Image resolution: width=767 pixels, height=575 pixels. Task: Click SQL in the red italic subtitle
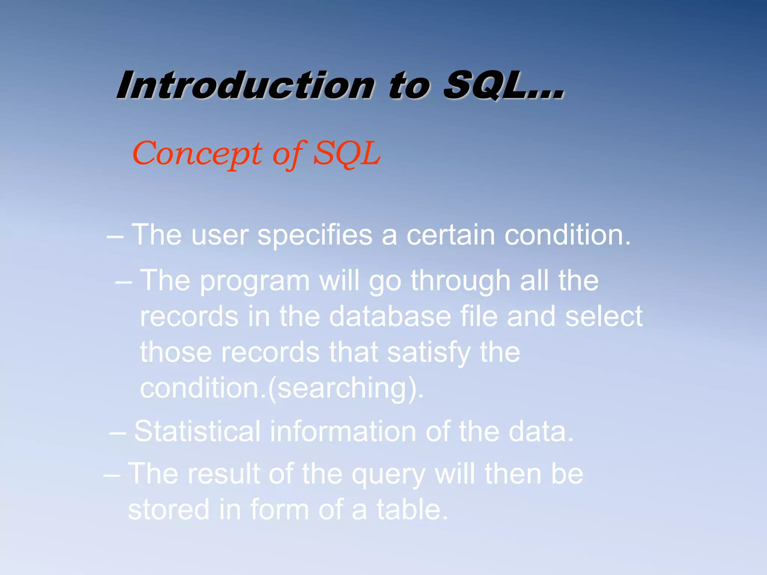click(346, 153)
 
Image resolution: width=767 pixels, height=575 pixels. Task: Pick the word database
click(390, 317)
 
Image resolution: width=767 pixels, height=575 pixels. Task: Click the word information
click(343, 431)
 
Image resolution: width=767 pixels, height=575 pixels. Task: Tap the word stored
click(169, 510)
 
